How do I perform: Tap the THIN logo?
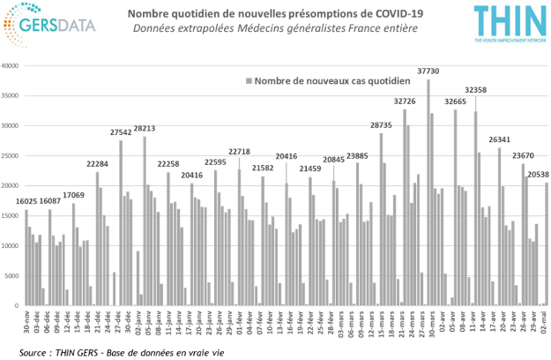pyautogui.click(x=504, y=26)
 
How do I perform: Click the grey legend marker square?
pyautogui.click(x=248, y=81)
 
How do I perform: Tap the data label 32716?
pyautogui.click(x=405, y=101)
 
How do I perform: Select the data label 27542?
pyautogui.click(x=121, y=132)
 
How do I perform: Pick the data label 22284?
pyautogui.click(x=97, y=163)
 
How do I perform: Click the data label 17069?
pyautogui.click(x=73, y=195)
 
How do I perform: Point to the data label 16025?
pyautogui.click(x=26, y=201)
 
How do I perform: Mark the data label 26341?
pyautogui.click(x=499, y=139)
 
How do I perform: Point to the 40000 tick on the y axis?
pyautogui.click(x=13, y=66)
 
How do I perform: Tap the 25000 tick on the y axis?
pyautogui.click(x=13, y=156)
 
